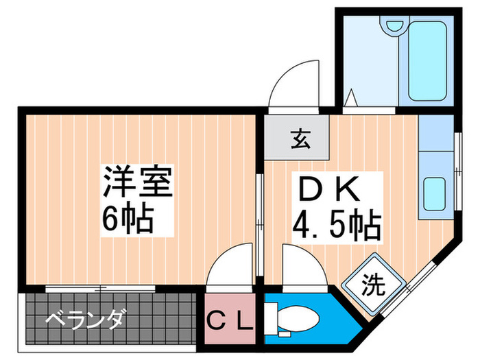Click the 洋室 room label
click(138, 182)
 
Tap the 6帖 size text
click(128, 217)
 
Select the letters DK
click(328, 189)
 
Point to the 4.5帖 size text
click(337, 224)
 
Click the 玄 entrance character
click(300, 139)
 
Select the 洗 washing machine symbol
click(374, 284)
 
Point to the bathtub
click(427, 60)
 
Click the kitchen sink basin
click(434, 193)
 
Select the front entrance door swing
click(294, 84)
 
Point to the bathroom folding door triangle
click(351, 97)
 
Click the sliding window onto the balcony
click(100, 288)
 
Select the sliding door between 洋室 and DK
click(260, 225)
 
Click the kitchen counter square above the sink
click(436, 133)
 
